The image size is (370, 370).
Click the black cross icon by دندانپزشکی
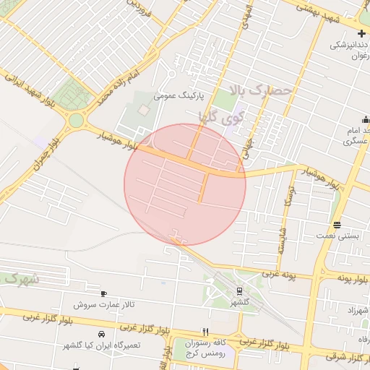pos(361,33)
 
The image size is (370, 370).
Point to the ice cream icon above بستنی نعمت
pos(337,225)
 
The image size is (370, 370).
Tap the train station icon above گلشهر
pos(239,291)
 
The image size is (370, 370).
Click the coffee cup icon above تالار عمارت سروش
pos(104,293)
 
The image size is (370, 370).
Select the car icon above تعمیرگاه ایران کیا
pos(101,334)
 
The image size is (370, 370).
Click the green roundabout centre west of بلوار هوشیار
pos(76,121)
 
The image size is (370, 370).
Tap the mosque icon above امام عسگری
pos(365,119)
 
